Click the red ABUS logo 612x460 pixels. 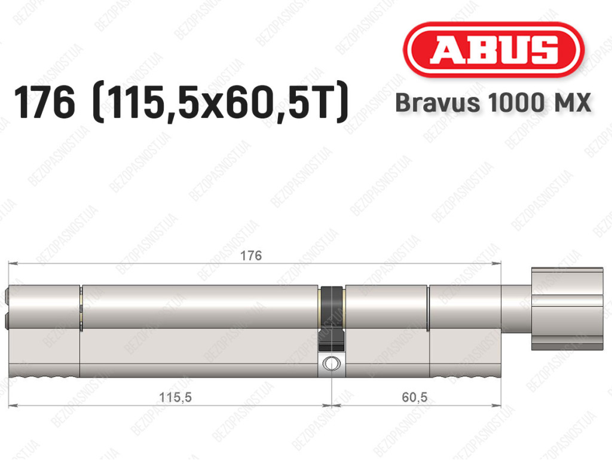[x=494, y=50]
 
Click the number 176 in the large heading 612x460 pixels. [x=44, y=103]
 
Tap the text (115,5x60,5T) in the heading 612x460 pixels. [x=220, y=103]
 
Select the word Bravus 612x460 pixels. [x=437, y=103]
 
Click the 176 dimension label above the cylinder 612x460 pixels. [x=251, y=255]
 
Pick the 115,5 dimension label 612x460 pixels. [x=175, y=397]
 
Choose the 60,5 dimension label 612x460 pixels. [x=415, y=397]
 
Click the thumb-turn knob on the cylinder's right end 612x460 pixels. [x=567, y=309]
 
